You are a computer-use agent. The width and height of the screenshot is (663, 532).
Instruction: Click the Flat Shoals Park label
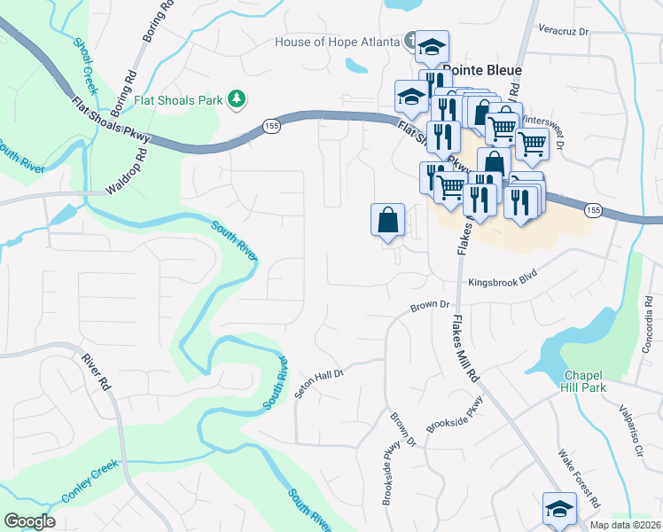(x=177, y=100)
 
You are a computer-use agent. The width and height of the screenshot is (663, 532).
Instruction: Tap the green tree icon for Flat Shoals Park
(x=237, y=99)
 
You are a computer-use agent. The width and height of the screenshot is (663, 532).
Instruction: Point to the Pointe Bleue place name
(x=481, y=70)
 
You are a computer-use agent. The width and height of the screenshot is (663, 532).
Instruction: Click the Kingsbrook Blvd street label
(x=503, y=278)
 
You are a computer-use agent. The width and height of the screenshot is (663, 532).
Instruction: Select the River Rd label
(x=95, y=372)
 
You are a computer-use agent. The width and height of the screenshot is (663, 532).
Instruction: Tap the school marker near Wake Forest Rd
(x=559, y=508)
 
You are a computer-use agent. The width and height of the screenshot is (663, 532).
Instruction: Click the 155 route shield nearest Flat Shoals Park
(x=272, y=128)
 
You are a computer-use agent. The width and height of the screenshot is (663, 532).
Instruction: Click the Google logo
(x=29, y=521)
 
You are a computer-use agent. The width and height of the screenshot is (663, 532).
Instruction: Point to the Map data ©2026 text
(x=624, y=525)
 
